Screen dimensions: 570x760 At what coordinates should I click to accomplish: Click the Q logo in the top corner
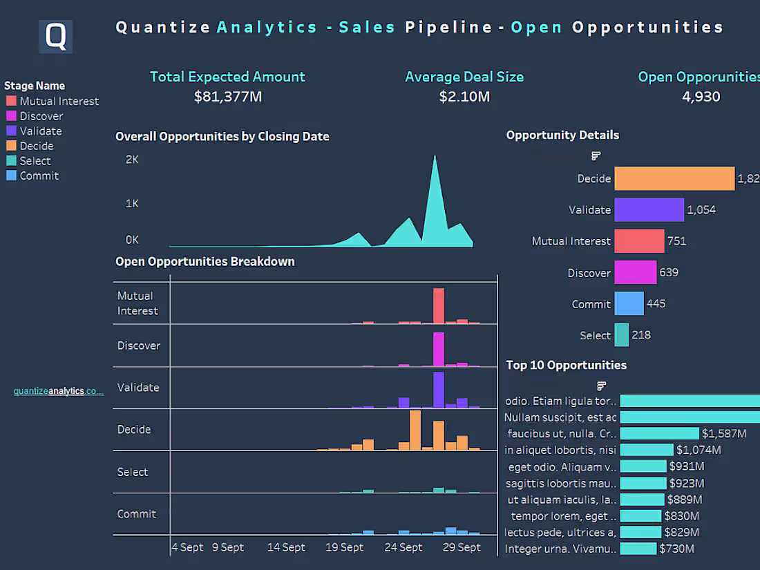click(55, 37)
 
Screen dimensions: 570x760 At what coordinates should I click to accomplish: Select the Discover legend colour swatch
click(11, 116)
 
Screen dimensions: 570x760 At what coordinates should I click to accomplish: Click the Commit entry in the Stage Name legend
click(39, 175)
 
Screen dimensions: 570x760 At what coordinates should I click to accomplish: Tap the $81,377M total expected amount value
click(227, 97)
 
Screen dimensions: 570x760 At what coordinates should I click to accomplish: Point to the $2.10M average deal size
click(464, 97)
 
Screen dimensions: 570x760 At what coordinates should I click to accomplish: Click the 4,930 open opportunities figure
click(701, 97)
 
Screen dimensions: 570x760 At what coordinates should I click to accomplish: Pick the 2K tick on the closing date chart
click(132, 160)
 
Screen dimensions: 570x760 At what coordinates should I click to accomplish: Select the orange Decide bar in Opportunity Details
click(674, 178)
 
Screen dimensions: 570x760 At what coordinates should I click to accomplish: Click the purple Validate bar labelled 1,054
click(649, 210)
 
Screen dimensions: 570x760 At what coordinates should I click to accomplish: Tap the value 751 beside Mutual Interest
click(676, 241)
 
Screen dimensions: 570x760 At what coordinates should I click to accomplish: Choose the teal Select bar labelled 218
click(621, 335)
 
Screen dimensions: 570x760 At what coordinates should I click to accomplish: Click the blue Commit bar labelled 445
click(629, 304)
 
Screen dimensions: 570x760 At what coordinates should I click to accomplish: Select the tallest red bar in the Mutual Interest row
click(439, 305)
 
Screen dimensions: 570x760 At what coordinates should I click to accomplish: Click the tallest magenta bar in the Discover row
click(439, 349)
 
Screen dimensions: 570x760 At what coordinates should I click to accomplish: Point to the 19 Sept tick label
click(344, 547)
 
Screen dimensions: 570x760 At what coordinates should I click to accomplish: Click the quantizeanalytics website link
click(59, 391)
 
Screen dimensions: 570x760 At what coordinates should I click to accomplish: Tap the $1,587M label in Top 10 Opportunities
click(723, 434)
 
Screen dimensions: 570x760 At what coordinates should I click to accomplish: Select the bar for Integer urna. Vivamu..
click(638, 549)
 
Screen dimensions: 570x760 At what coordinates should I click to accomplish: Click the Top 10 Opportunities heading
click(566, 365)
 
